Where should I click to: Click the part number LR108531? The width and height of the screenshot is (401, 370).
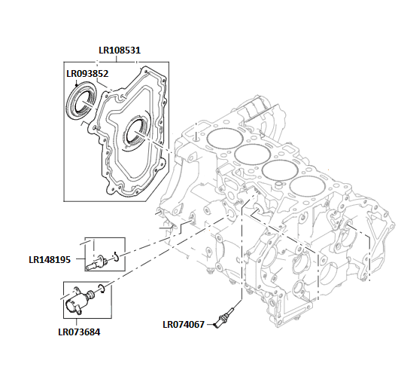click(x=120, y=51)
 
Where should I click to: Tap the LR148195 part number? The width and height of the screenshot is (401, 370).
click(x=50, y=260)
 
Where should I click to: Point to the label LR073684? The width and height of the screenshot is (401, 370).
click(x=79, y=331)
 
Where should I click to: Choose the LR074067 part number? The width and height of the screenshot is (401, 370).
click(x=184, y=325)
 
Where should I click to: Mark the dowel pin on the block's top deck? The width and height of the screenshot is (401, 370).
click(x=195, y=137)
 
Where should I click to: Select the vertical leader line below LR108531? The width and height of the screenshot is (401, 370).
click(x=120, y=58)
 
